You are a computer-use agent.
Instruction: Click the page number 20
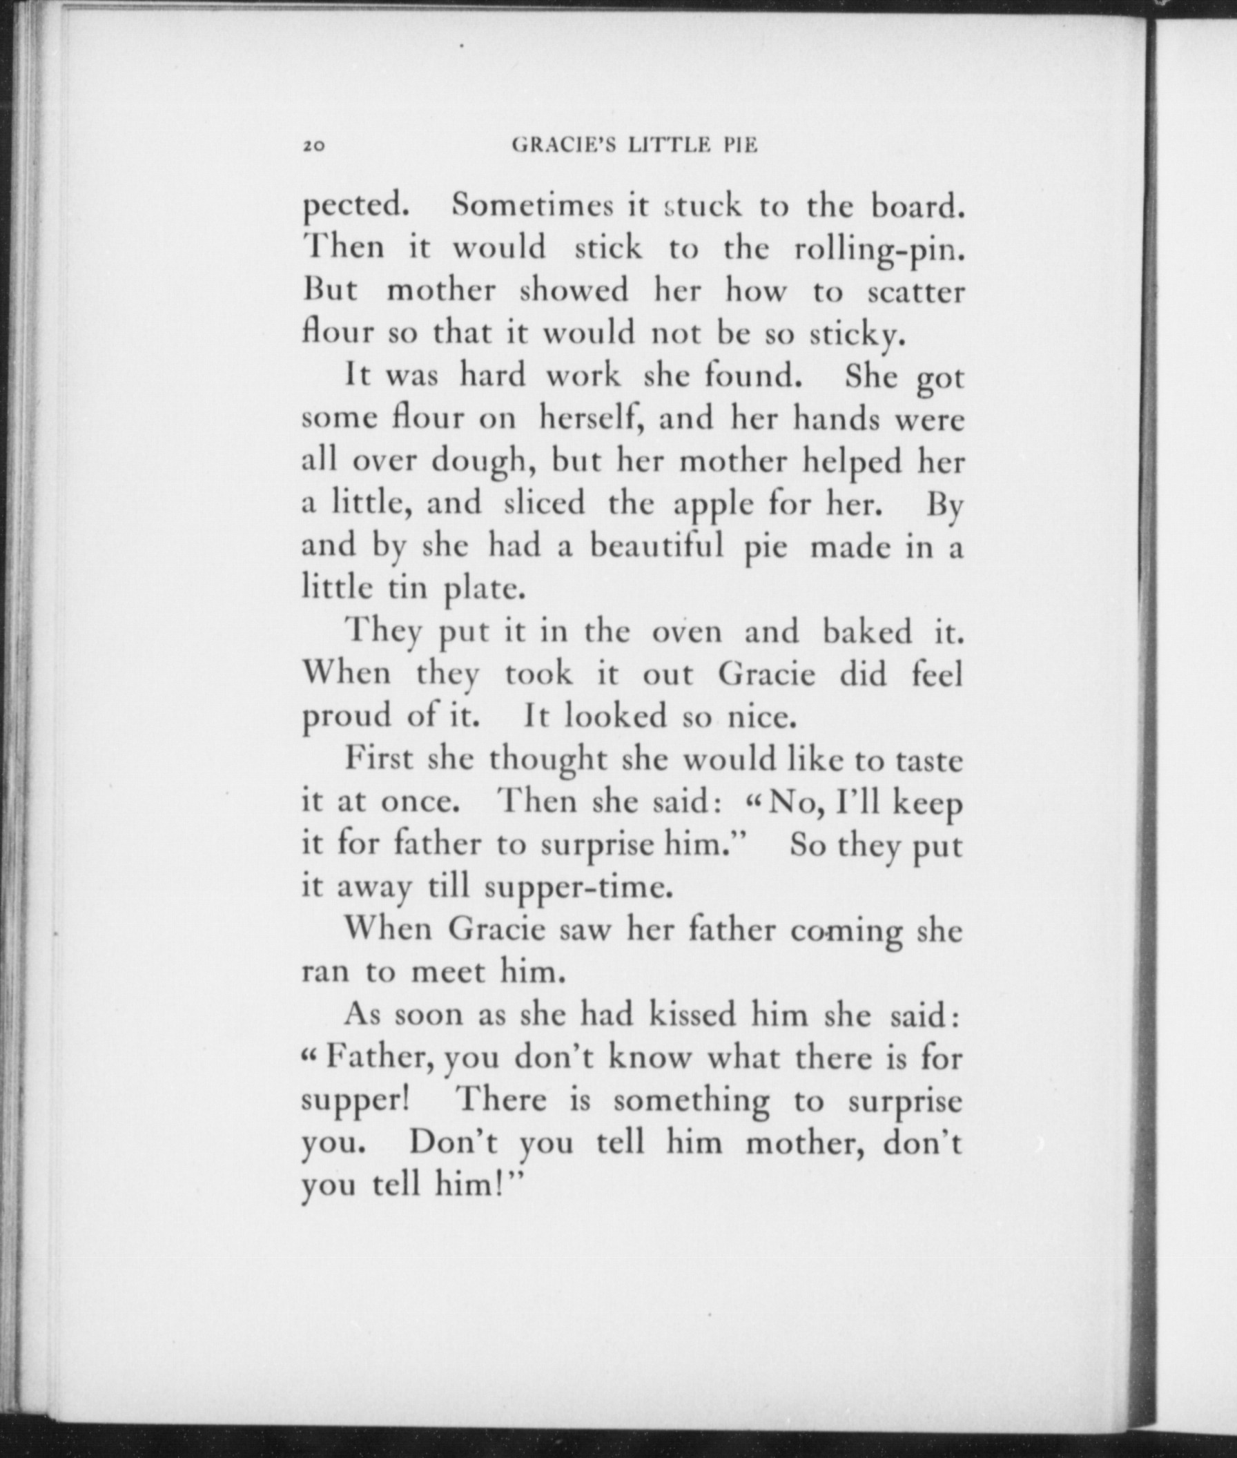coord(313,146)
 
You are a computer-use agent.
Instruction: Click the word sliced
coord(544,503)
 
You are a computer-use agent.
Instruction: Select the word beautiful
coord(656,545)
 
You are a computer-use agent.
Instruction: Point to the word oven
coord(687,632)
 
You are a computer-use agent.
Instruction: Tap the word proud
coord(347,717)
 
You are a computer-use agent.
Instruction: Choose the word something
coord(692,1101)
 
